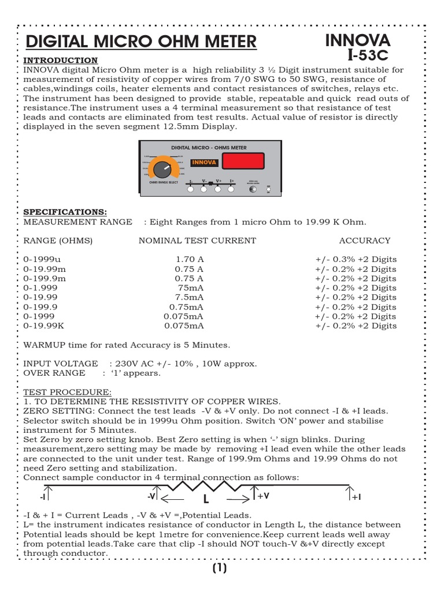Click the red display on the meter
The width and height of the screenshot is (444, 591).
pyautogui.click(x=243, y=162)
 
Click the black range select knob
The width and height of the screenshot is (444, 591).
pyautogui.click(x=163, y=170)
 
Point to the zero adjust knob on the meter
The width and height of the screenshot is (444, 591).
pyautogui.click(x=253, y=189)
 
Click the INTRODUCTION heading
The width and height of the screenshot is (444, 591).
pyautogui.click(x=60, y=61)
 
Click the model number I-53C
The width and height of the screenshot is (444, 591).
pyautogui.click(x=368, y=55)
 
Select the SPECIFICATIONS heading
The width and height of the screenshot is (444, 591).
pyautogui.click(x=65, y=212)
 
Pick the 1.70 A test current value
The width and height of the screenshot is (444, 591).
pyautogui.click(x=190, y=260)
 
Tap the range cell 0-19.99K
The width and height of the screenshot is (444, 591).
pyautogui.click(x=44, y=326)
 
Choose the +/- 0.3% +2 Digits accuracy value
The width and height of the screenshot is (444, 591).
pyautogui.click(x=356, y=260)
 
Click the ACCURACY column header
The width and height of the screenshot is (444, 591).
pyautogui.click(x=364, y=240)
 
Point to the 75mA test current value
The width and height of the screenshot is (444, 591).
pyautogui.click(x=191, y=288)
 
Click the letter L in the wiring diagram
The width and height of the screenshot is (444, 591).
pyautogui.click(x=205, y=499)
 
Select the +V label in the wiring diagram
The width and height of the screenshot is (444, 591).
pyautogui.click(x=264, y=496)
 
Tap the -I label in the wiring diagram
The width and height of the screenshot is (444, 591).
pyautogui.click(x=43, y=496)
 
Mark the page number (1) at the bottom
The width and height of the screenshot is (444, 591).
pyautogui.click(x=220, y=568)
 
